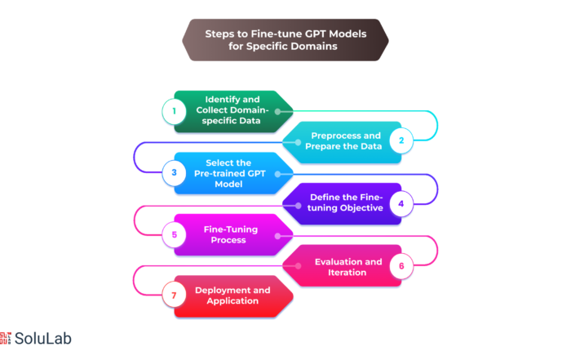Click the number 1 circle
click(x=174, y=111)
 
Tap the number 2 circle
click(x=401, y=140)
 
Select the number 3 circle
click(x=174, y=172)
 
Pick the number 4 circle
click(x=401, y=203)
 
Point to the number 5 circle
click(x=174, y=234)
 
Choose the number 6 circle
click(x=401, y=266)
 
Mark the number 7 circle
click(x=174, y=296)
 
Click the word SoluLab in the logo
click(x=43, y=339)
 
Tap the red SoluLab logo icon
click(x=6, y=338)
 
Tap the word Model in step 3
click(x=228, y=184)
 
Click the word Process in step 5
click(x=228, y=240)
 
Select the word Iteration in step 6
click(x=347, y=273)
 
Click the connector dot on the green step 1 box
click(x=277, y=112)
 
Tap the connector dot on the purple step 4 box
click(x=298, y=206)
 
